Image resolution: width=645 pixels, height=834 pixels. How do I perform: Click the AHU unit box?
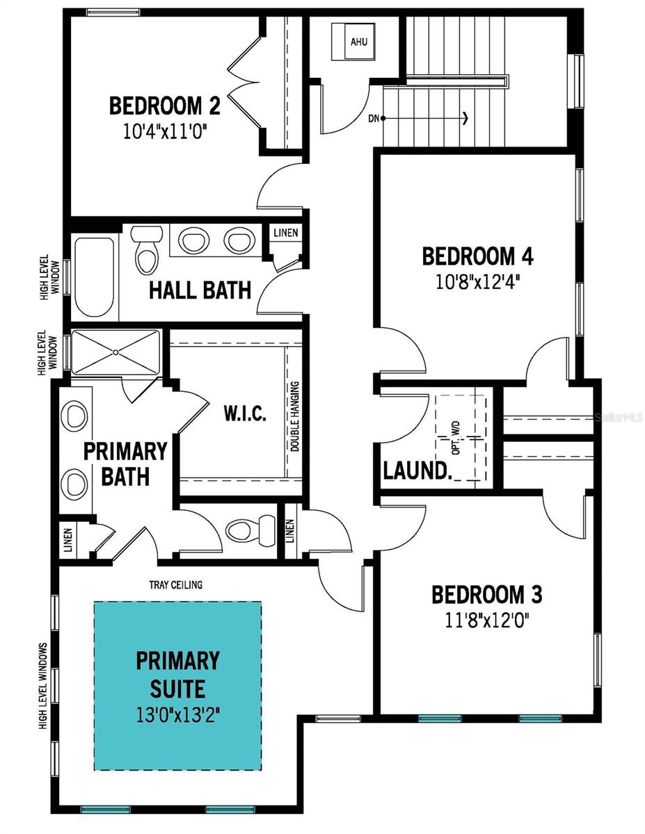[x=358, y=41]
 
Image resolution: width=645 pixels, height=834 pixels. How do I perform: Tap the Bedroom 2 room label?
[x=165, y=106]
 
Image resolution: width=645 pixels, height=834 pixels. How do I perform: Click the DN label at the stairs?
[x=374, y=118]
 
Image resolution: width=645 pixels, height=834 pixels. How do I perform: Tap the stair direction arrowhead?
[x=465, y=118]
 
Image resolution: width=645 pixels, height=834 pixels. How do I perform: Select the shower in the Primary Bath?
[x=116, y=354]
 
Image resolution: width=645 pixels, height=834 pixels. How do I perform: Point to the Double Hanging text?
[x=295, y=417]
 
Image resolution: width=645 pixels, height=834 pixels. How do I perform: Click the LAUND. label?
[x=417, y=471]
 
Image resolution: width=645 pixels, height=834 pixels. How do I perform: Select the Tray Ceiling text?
[x=175, y=584]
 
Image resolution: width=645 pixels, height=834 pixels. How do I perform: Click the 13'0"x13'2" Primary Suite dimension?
[x=177, y=713]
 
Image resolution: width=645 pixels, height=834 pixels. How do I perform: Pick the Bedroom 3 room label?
[x=487, y=595]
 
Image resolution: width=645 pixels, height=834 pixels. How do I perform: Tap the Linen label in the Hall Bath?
[x=286, y=233]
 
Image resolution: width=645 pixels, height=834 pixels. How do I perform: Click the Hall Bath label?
[x=200, y=290]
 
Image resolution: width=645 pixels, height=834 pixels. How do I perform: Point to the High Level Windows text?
[x=43, y=686]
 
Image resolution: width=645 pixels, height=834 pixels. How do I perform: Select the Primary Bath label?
[x=125, y=464]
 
